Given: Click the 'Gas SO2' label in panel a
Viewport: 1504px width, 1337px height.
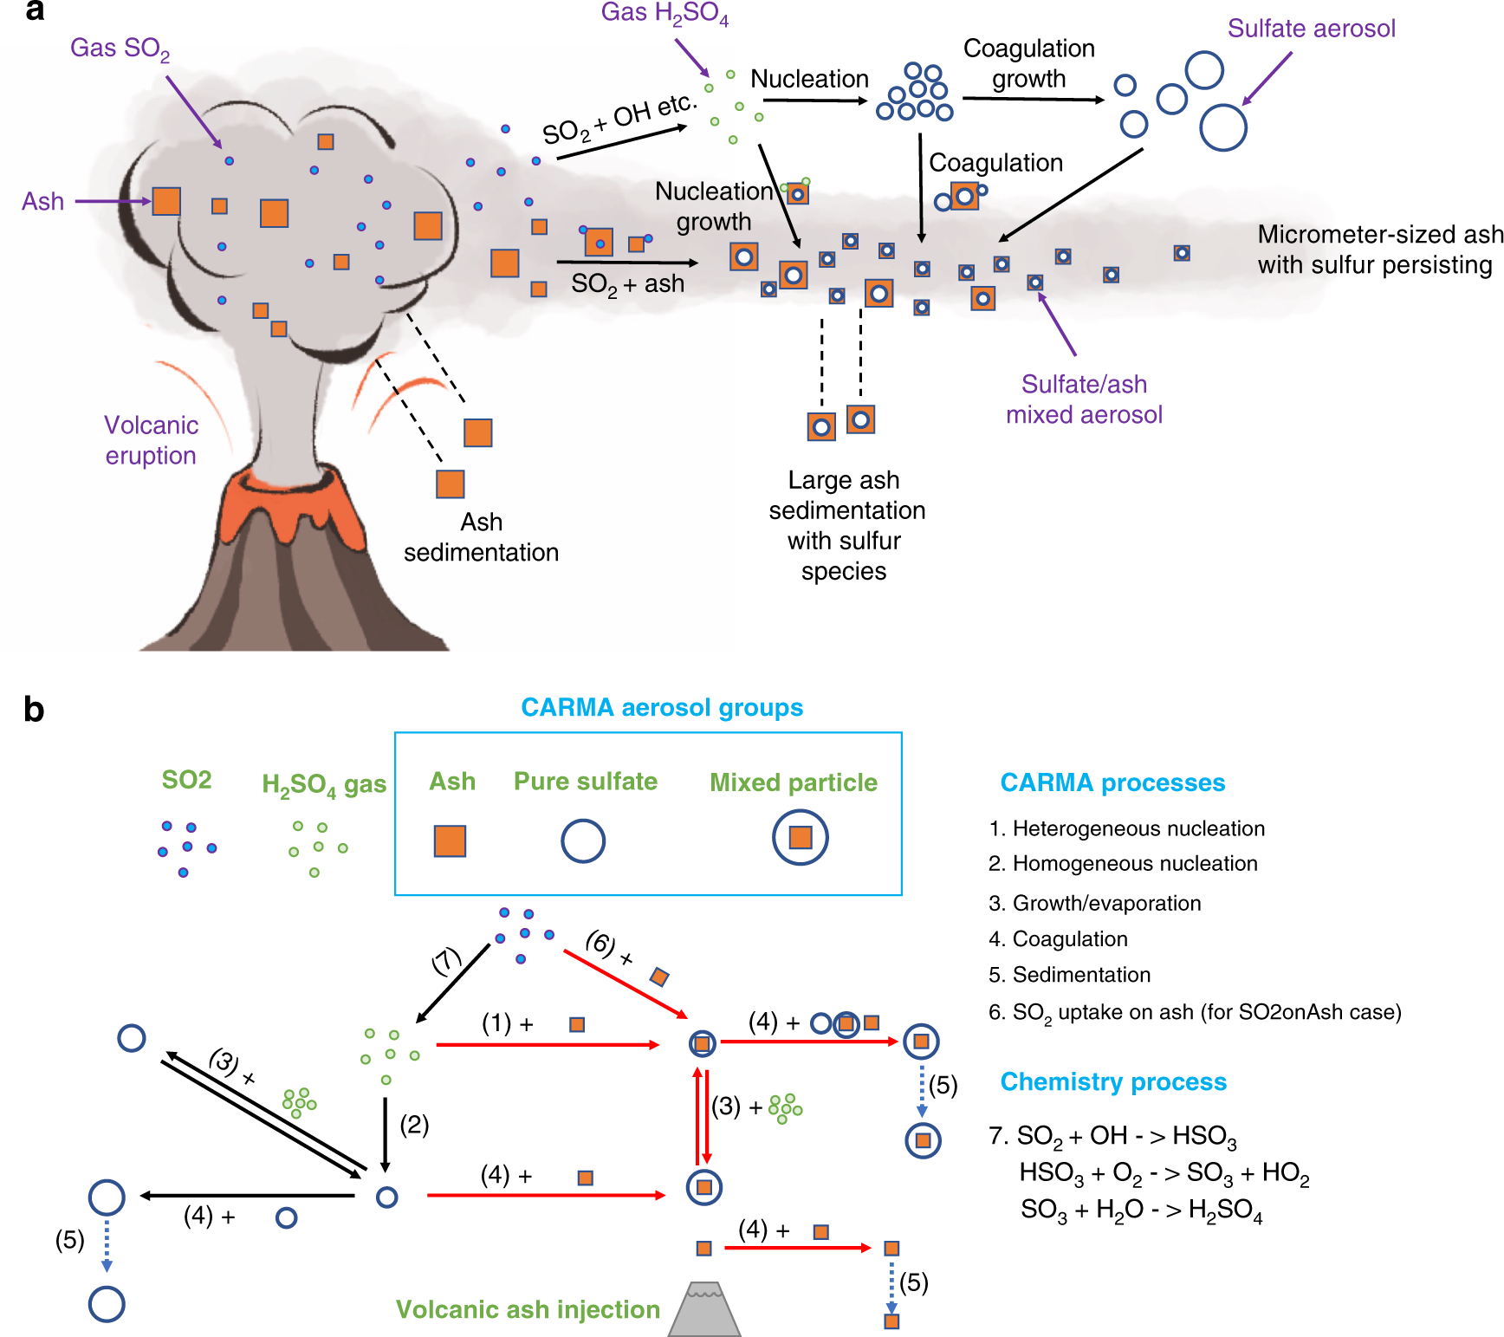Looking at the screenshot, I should click(120, 49).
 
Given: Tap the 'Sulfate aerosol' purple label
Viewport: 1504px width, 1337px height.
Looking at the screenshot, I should click(1311, 29).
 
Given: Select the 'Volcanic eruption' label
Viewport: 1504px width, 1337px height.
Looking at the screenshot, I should click(151, 440).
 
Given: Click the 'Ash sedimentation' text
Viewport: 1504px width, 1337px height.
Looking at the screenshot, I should click(481, 537).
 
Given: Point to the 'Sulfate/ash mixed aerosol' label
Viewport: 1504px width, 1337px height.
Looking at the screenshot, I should click(1084, 399).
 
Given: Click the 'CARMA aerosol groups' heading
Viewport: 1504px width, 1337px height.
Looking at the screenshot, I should click(662, 708).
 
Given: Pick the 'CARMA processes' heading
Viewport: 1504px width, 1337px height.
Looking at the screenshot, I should click(1112, 782).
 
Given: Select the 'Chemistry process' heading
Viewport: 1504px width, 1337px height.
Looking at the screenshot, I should click(1113, 1081).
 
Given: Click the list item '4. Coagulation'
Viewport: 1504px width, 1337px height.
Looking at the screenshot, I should click(1058, 939).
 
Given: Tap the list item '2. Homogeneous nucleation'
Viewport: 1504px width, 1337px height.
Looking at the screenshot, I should click(1123, 864).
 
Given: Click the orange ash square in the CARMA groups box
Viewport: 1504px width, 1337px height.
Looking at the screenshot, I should click(450, 840).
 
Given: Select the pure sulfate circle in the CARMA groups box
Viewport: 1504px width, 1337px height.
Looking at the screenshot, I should click(583, 840).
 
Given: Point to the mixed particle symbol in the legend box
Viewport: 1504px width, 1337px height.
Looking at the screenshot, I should click(801, 837).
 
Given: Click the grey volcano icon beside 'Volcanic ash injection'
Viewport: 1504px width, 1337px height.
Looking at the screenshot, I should click(705, 1308).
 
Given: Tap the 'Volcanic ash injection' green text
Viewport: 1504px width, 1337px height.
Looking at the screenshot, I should click(528, 1309).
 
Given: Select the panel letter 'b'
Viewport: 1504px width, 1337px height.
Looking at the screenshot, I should click(34, 710).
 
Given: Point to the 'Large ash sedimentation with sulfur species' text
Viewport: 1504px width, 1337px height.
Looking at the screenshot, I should click(846, 525).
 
